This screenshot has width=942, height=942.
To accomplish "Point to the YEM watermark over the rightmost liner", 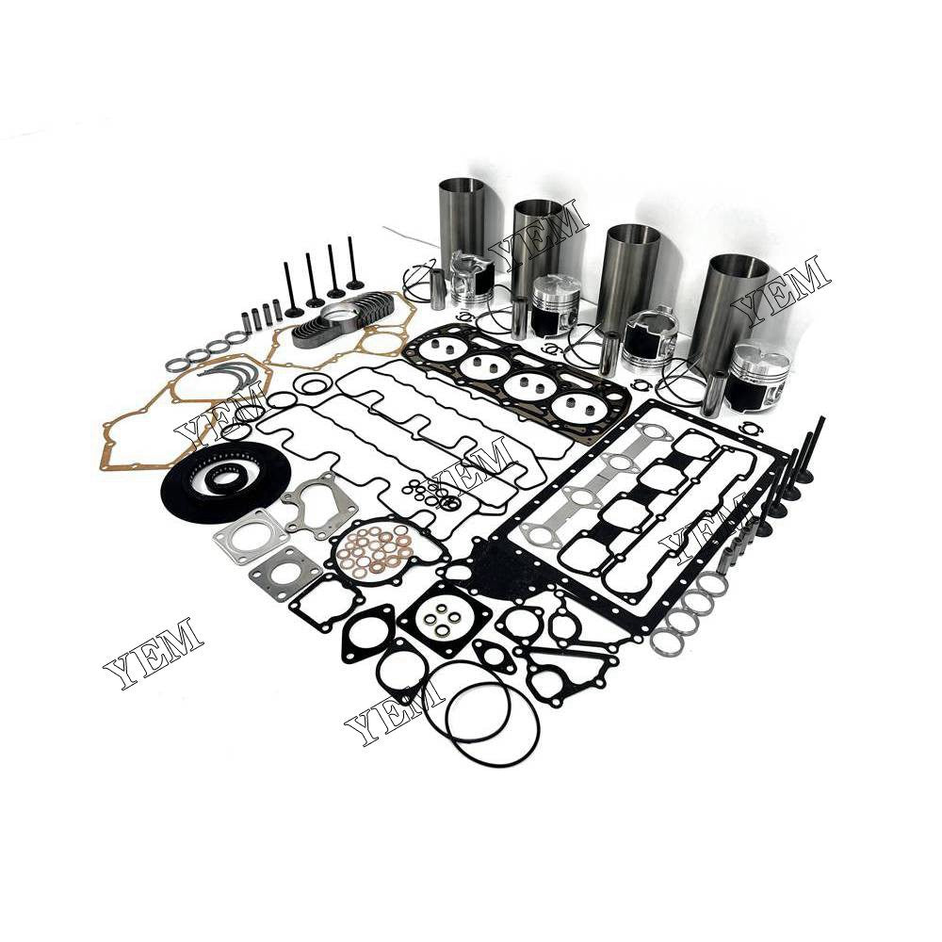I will click(781, 287).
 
